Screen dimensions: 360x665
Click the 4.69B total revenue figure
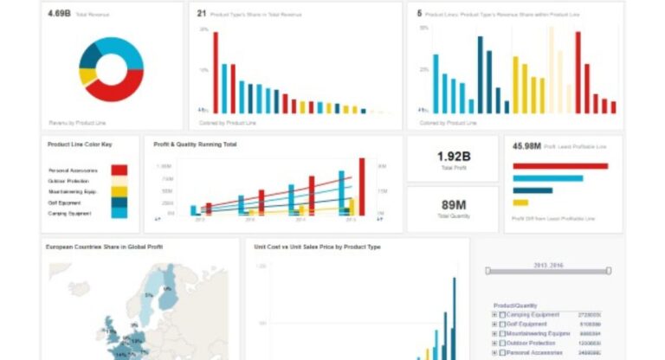coord(59,14)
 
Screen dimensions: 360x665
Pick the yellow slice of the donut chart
coord(87,76)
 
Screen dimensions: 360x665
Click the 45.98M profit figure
coord(527,146)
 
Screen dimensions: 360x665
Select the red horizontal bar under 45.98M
coord(560,165)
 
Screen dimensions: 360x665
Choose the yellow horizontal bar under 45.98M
coord(520,202)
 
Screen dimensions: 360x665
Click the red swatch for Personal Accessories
coord(119,170)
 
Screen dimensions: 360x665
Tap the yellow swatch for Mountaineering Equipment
coord(119,191)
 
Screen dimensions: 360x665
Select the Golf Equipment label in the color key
coord(64,202)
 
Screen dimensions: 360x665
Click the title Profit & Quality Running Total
coord(195,145)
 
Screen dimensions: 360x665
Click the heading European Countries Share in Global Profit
coord(104,247)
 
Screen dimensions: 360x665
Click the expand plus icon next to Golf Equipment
coord(494,325)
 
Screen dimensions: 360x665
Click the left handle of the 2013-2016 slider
coord(487,271)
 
